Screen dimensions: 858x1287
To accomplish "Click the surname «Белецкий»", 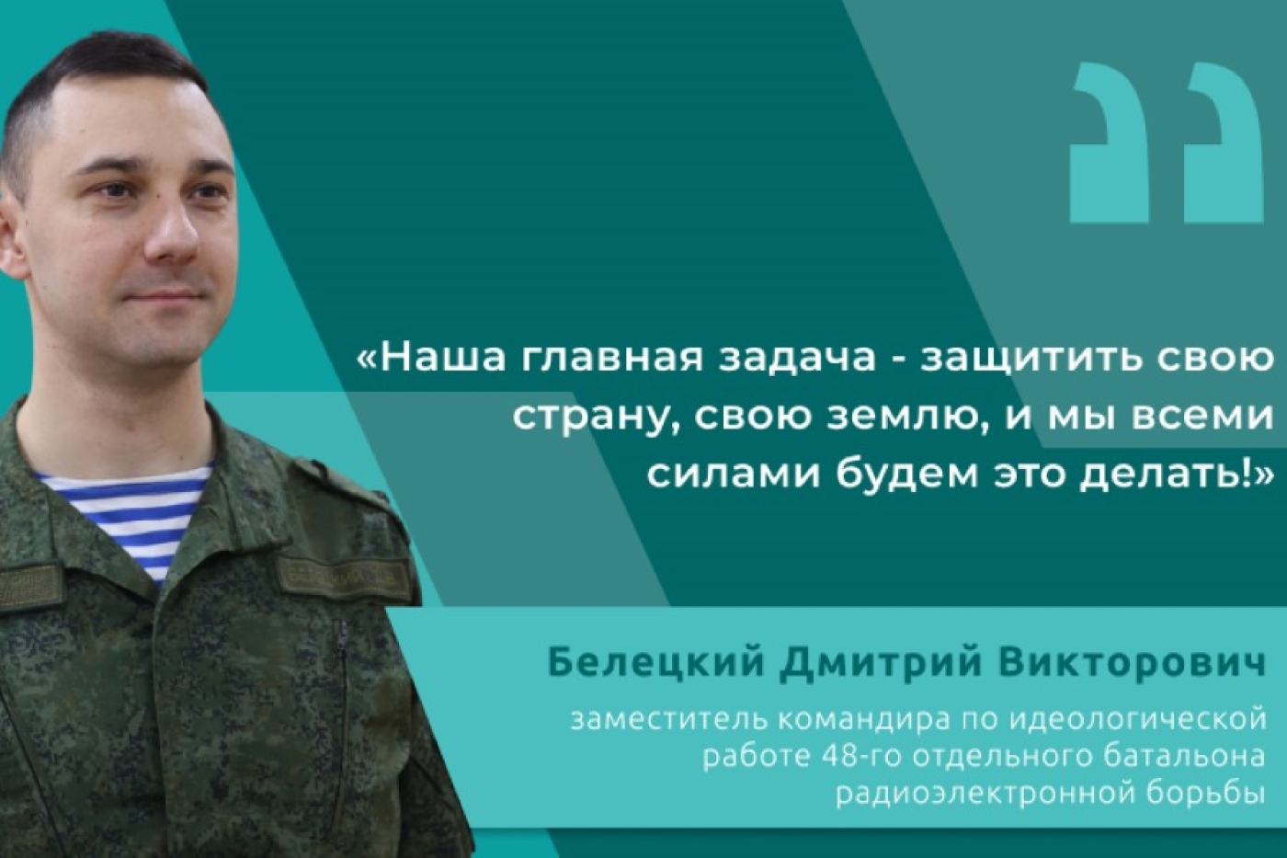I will tap(657, 662).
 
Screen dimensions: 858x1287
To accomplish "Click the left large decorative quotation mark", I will tap(1110, 143).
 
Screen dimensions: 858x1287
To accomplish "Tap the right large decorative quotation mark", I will tap(1223, 143).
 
